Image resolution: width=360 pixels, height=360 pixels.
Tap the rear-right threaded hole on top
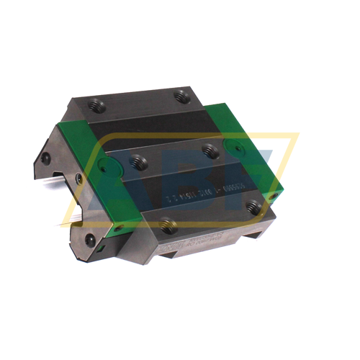click(x=182, y=96)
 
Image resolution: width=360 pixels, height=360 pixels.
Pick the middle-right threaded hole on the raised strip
click(x=210, y=150)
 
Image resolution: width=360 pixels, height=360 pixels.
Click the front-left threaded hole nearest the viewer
click(x=168, y=227)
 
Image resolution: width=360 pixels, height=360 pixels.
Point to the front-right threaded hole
click(x=252, y=207)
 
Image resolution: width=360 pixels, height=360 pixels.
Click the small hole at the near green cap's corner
click(x=119, y=229)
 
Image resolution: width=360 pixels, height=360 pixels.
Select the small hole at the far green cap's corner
click(x=272, y=196)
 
